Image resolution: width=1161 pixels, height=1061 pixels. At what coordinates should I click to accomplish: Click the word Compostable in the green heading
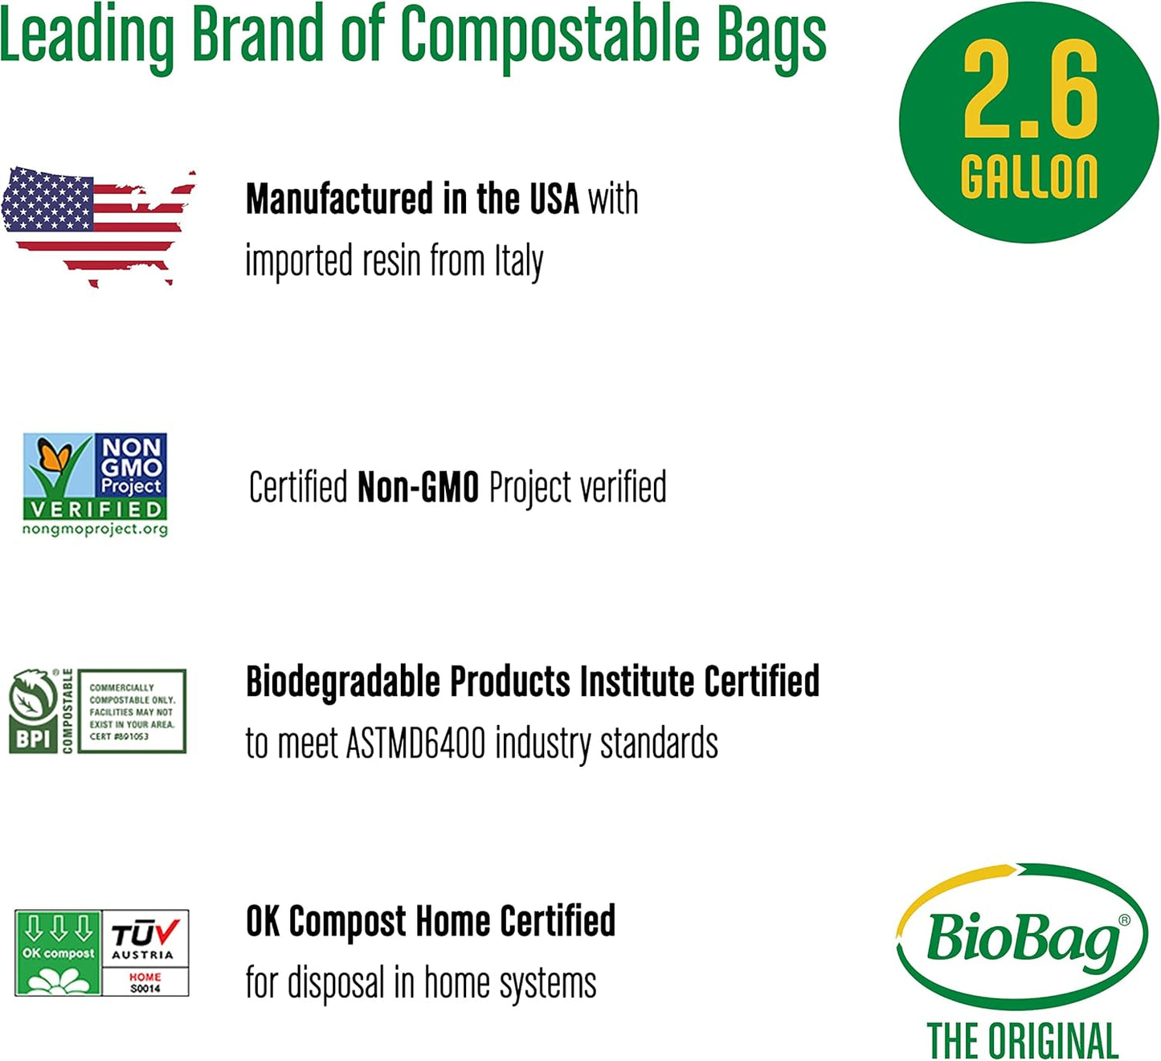(x=550, y=35)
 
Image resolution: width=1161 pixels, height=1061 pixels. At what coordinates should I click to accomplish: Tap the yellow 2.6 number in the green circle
(x=1029, y=90)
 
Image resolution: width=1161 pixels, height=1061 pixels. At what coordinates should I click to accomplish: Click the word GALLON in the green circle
(x=1029, y=177)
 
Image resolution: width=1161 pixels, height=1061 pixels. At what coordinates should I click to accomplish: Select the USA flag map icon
(x=98, y=225)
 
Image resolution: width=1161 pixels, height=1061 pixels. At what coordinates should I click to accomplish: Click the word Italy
(x=518, y=262)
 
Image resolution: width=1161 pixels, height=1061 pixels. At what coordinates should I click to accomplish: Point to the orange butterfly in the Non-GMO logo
(x=55, y=458)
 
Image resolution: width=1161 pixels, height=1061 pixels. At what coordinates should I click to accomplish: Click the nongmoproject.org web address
(x=95, y=530)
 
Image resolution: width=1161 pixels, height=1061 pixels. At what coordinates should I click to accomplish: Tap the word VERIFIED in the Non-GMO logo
(x=95, y=509)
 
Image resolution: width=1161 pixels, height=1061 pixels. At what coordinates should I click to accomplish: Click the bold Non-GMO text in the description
(x=418, y=487)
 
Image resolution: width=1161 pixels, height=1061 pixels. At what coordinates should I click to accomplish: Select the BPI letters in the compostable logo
(x=33, y=738)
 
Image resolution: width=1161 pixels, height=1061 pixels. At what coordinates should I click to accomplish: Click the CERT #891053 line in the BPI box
(x=119, y=736)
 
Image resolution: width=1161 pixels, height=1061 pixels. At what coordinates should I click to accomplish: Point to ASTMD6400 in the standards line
(x=415, y=743)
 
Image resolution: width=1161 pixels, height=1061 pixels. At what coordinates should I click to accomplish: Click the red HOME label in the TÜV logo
(x=145, y=977)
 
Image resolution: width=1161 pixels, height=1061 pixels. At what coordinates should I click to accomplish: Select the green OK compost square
(x=58, y=953)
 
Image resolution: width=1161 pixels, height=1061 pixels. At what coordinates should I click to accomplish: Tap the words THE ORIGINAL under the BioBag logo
(x=1022, y=1042)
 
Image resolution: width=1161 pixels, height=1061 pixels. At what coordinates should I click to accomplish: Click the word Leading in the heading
(x=87, y=35)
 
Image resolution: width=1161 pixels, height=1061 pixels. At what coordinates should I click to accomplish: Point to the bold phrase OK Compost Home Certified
(x=431, y=921)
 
